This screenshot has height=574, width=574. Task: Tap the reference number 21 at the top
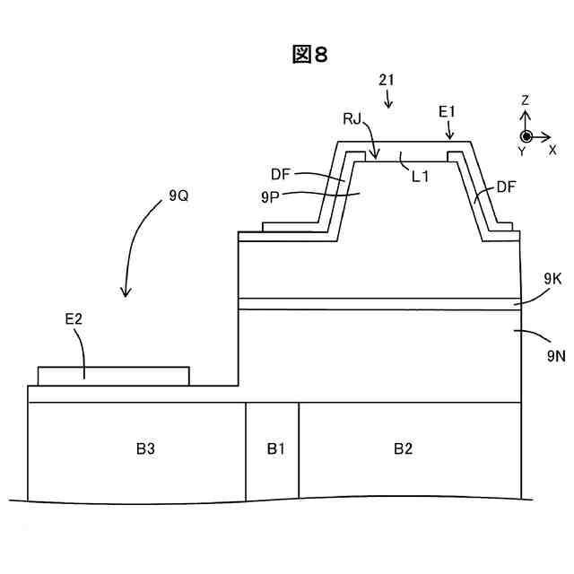pyautogui.click(x=387, y=80)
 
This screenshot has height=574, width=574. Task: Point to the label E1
pyautogui.click(x=448, y=111)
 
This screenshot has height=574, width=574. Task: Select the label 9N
pyautogui.click(x=556, y=355)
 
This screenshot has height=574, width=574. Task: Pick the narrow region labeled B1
pyautogui.click(x=273, y=448)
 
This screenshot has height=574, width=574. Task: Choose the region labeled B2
pyautogui.click(x=404, y=448)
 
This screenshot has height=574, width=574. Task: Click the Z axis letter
pyautogui.click(x=526, y=100)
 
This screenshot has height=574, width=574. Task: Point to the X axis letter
pyautogui.click(x=552, y=150)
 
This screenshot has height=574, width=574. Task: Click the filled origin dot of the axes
pyautogui.click(x=526, y=136)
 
